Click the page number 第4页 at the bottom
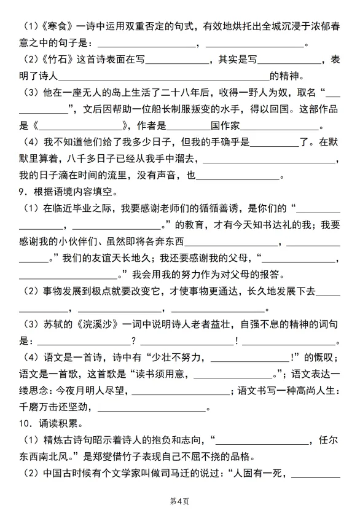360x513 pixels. point(180,501)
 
